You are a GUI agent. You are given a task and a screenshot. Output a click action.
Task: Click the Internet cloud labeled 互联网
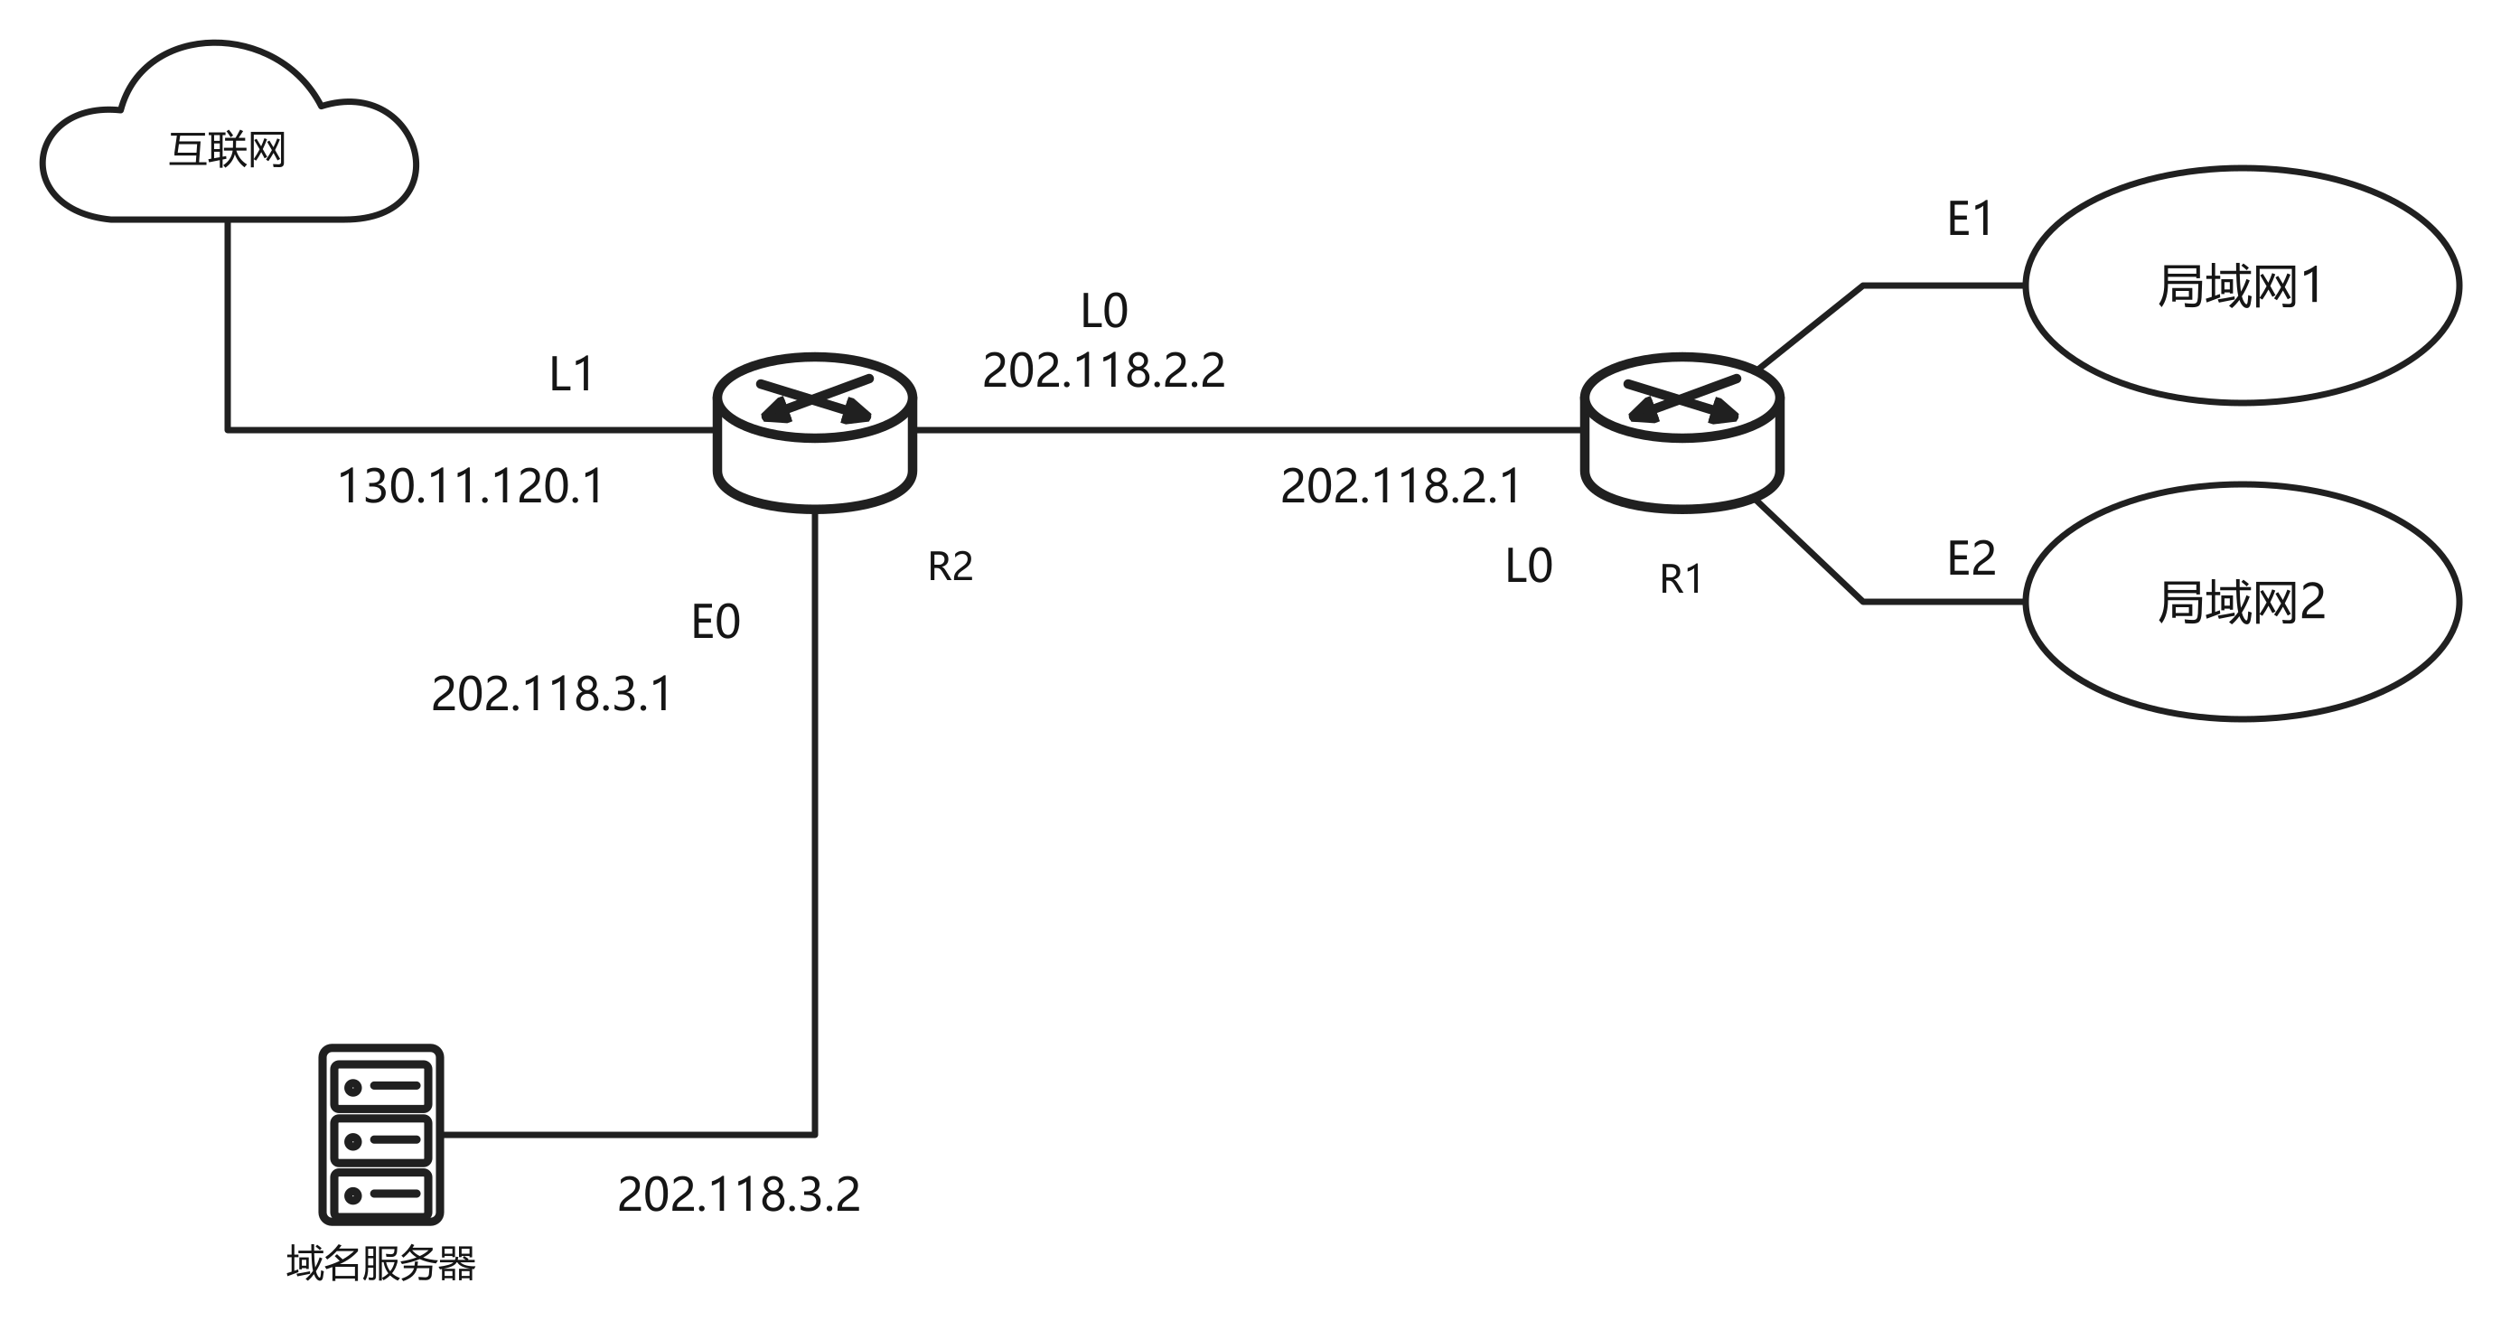point(229,131)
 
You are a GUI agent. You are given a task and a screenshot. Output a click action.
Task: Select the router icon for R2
point(815,432)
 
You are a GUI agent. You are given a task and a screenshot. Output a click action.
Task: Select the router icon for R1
point(1681,432)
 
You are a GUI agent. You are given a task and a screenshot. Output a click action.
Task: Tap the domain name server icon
point(381,1135)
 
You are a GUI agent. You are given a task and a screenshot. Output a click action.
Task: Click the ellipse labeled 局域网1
point(2243,286)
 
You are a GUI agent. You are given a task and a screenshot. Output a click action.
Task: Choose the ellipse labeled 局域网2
point(2243,602)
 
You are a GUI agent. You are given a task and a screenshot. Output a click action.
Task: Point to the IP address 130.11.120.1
point(471,486)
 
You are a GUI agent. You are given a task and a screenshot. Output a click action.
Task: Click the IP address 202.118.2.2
point(1104,370)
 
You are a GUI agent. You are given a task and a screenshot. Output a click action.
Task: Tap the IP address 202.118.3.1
point(551,694)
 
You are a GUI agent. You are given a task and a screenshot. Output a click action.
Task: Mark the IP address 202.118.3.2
point(739,1194)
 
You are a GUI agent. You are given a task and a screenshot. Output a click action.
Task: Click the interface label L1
point(572,375)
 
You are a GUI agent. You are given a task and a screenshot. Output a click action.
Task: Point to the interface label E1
point(1970,219)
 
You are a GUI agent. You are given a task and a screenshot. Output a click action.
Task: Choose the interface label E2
point(1972,559)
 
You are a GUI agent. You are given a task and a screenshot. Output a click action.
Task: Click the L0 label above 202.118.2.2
point(1104,312)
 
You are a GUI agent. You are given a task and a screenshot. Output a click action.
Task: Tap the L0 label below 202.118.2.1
point(1529,566)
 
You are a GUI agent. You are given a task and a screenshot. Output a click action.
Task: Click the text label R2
point(951,567)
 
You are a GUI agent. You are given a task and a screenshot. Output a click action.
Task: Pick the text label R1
point(1681,579)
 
